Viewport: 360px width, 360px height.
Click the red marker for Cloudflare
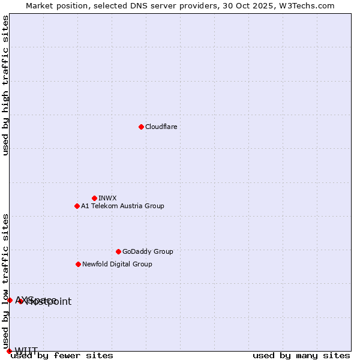(141, 127)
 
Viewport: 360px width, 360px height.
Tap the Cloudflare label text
(161, 127)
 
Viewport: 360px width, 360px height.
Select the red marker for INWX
(94, 198)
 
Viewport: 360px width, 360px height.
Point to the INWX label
(107, 198)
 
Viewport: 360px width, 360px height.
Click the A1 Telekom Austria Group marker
(77, 206)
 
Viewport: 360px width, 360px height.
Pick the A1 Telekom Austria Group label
(122, 206)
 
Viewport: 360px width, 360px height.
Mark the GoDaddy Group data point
(118, 251)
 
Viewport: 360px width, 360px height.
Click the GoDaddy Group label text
(148, 251)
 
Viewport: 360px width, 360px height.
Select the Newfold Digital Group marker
(78, 264)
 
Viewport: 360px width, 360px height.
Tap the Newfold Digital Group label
(117, 264)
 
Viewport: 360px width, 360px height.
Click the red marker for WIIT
(9, 351)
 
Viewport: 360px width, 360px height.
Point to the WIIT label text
(26, 351)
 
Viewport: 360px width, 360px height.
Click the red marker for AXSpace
(10, 300)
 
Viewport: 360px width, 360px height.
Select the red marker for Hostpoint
(20, 301)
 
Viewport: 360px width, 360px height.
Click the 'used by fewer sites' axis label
(62, 356)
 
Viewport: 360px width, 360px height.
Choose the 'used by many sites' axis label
(301, 356)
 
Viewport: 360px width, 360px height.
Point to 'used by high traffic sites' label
(6, 85)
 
